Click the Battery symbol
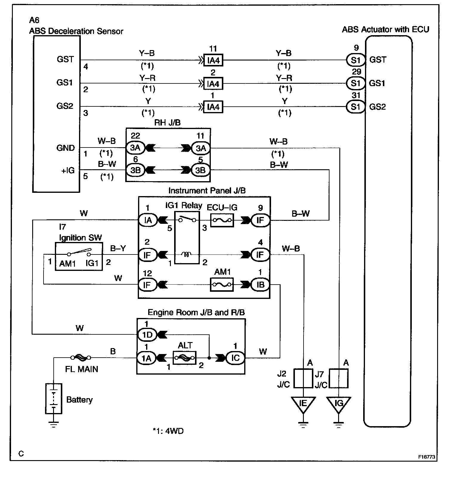54,398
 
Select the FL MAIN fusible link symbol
81,357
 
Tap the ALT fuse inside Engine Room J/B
185,358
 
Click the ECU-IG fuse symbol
222,220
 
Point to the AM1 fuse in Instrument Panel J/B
222,285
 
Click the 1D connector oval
147,335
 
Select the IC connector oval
235,358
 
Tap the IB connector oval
260,285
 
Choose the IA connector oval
148,220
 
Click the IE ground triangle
303,405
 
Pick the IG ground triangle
339,405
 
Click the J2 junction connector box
303,378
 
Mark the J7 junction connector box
339,378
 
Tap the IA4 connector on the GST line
213,60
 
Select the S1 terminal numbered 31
356,107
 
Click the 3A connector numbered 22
135,148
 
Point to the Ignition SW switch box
79,256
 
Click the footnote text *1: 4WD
168,431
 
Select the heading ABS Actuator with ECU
386,30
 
